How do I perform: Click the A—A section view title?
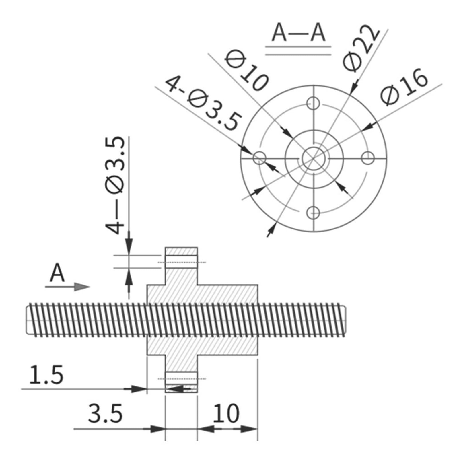click(298, 33)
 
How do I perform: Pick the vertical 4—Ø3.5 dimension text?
click(115, 185)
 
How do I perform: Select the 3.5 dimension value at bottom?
click(105, 414)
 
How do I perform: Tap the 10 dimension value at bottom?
click(226, 414)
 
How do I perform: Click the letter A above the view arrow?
click(57, 273)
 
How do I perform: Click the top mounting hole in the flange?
click(313, 103)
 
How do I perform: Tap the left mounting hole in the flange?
click(260, 158)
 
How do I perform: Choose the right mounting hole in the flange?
click(367, 158)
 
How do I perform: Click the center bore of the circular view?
click(313, 158)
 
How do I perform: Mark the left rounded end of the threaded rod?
click(28, 320)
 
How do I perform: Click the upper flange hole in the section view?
click(181, 262)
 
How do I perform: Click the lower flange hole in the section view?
click(181, 379)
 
